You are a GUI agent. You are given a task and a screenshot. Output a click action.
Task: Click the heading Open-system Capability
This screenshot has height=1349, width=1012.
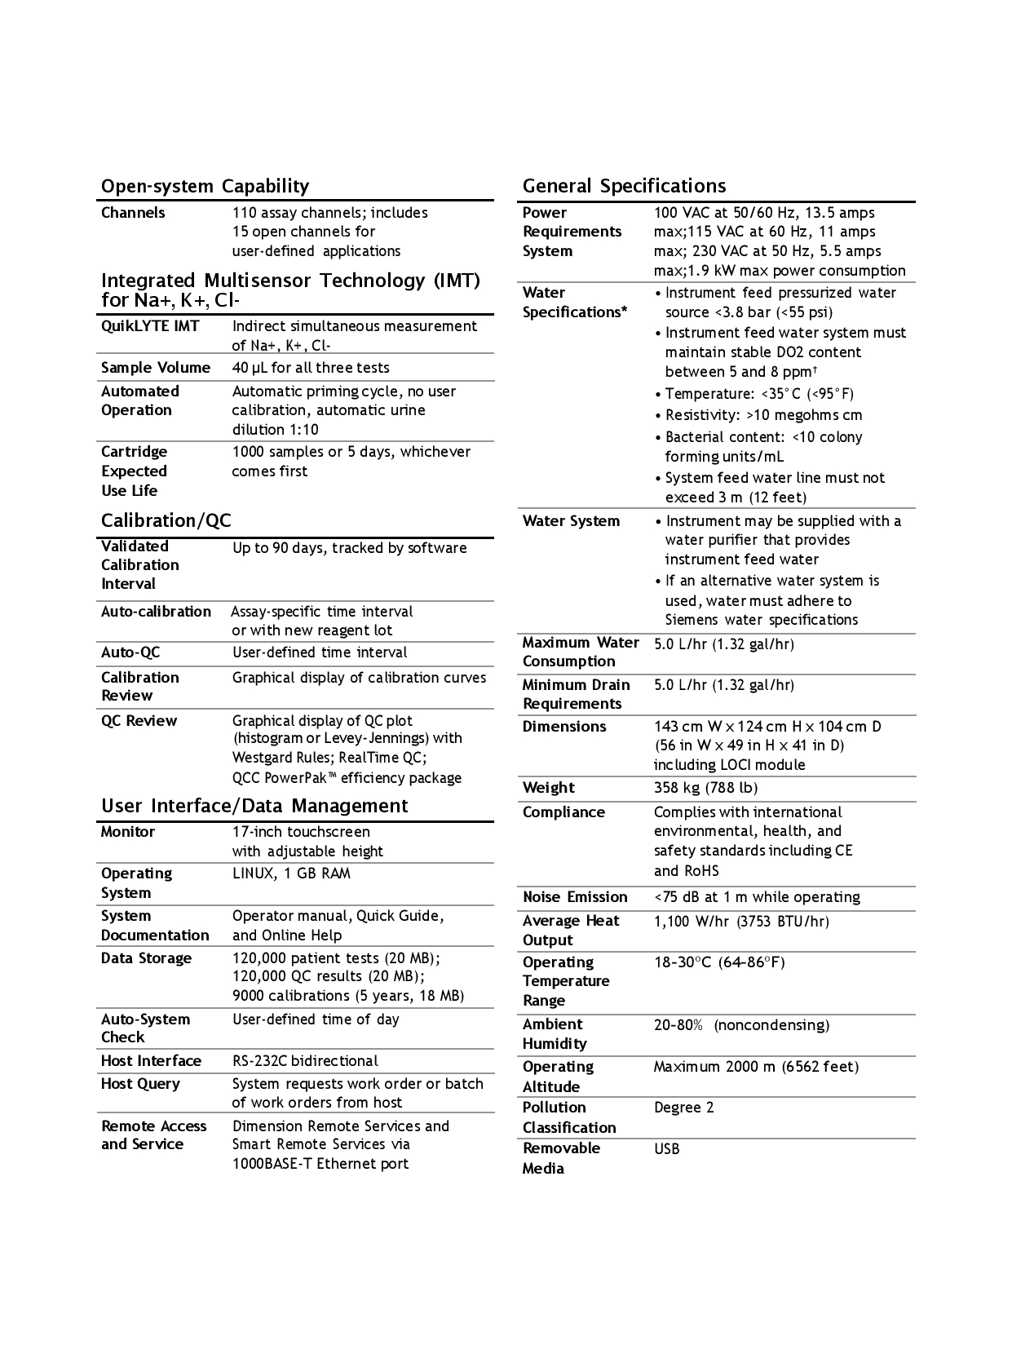[x=205, y=186]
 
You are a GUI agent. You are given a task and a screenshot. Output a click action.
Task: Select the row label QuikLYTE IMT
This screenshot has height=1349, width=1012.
[x=150, y=326]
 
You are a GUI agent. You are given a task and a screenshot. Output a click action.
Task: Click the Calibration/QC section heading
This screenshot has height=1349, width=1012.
[x=166, y=520]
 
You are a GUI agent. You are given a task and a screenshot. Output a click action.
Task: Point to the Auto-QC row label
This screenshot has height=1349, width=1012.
[x=130, y=652]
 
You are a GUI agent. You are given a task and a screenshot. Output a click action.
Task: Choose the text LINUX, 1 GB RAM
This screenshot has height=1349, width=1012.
[x=291, y=874]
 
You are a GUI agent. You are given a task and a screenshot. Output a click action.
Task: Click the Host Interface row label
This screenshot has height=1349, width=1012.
[x=151, y=1061]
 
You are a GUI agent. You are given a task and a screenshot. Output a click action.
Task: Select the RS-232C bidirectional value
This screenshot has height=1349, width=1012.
[x=305, y=1061]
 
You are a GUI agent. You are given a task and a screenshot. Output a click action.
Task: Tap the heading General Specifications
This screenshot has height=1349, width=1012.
[x=624, y=186]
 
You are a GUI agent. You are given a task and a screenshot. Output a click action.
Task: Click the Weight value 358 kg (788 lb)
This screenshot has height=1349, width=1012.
[x=705, y=788]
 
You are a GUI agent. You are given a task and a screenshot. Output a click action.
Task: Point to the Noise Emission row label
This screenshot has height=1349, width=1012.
[x=575, y=897]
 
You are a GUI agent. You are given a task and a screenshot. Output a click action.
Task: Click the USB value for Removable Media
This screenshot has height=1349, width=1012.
[x=666, y=1149]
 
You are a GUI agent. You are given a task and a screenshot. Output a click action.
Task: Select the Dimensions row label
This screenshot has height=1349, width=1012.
[x=564, y=727]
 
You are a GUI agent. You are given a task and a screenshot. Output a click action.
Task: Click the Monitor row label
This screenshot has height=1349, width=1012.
[x=128, y=832]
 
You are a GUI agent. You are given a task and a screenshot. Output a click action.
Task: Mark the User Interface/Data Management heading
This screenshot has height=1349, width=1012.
[x=254, y=806]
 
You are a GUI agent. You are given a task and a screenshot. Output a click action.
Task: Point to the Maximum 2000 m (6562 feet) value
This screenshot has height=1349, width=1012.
[x=756, y=1067]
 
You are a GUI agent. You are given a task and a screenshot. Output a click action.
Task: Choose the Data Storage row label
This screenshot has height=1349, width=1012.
[x=146, y=958]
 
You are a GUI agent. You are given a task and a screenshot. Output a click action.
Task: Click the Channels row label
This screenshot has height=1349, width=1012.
[x=133, y=213]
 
